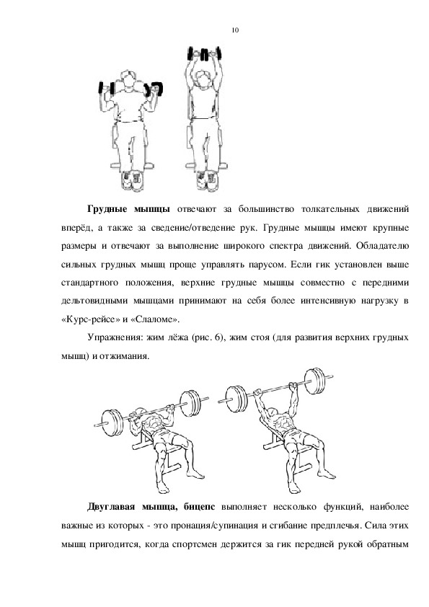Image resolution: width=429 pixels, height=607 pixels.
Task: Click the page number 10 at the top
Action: pos(235,30)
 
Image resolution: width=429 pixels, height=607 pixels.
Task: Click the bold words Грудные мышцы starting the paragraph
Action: pos(128,210)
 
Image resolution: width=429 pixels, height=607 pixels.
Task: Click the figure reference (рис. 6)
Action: pos(208,337)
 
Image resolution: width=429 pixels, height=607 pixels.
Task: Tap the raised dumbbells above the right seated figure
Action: pos(205,53)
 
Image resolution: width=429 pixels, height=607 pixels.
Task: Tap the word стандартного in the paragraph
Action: pos(90,283)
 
